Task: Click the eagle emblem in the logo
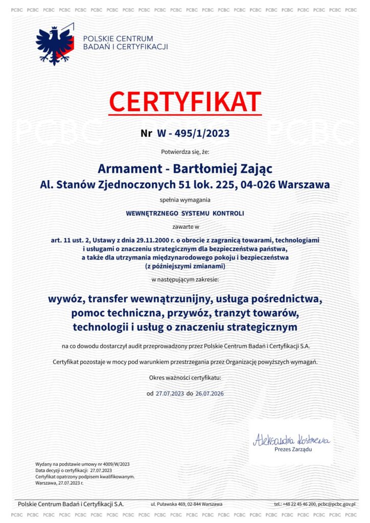[x=55, y=45]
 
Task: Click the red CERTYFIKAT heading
[x=185, y=102]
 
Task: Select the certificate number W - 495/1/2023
[x=193, y=134]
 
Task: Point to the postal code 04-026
[x=259, y=184]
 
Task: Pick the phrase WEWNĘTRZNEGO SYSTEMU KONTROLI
[x=185, y=213]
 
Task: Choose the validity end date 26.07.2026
[x=209, y=394]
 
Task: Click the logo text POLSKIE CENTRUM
[x=118, y=39]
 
